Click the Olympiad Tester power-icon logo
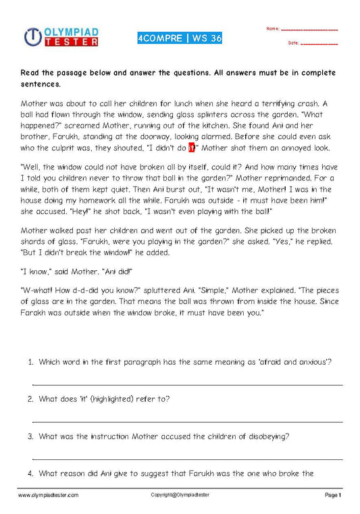click(32, 36)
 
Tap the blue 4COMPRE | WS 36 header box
click(178, 38)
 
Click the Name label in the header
click(272, 28)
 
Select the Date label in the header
click(293, 43)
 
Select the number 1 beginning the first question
click(30, 362)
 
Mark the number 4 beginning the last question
click(30, 473)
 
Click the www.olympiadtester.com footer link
click(49, 495)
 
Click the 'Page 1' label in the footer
click(334, 495)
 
